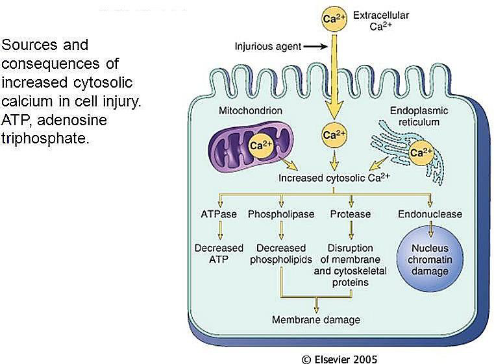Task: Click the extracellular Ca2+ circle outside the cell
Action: click(334, 19)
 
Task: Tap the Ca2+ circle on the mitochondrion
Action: click(261, 145)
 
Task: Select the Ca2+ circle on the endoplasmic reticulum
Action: click(421, 153)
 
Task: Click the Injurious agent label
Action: click(268, 47)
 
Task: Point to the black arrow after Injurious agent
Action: click(315, 47)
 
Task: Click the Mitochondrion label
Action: click(251, 110)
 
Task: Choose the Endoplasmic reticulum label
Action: click(419, 116)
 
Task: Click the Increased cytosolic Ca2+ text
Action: click(334, 178)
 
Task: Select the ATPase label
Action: click(219, 214)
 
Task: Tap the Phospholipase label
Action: click(281, 214)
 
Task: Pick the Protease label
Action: click(351, 214)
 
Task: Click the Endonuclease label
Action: click(430, 214)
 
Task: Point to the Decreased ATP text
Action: click(219, 254)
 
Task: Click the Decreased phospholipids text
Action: click(280, 254)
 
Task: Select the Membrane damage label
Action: click(316, 320)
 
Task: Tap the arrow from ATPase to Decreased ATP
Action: click(220, 230)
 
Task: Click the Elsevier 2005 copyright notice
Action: click(340, 359)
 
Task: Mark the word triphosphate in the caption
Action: click(45, 138)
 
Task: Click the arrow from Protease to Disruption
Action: click(351, 230)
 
